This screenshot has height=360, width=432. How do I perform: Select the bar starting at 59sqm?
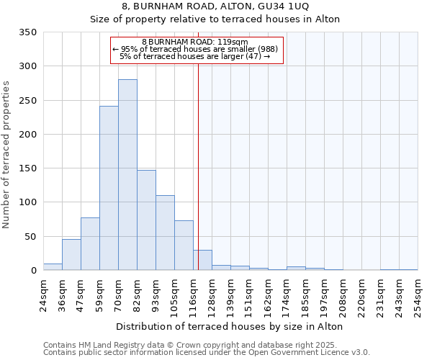click(x=109, y=189)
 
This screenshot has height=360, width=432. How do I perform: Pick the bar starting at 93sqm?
click(x=165, y=233)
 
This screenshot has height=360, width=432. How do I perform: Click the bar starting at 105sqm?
click(x=184, y=246)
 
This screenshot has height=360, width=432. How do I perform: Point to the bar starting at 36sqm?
click(x=71, y=255)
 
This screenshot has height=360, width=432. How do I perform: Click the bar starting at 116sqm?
click(x=202, y=260)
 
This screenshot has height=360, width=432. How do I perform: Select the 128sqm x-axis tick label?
click(x=212, y=293)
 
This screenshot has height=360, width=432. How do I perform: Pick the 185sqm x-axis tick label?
click(x=305, y=293)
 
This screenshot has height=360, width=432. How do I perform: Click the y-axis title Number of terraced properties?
click(x=6, y=155)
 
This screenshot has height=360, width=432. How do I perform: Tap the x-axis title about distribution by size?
click(x=229, y=326)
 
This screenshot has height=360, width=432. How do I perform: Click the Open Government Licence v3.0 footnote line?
click(x=207, y=353)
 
